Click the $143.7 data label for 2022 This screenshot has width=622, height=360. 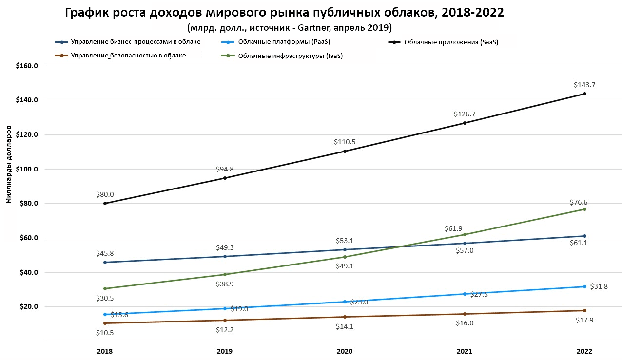pyautogui.click(x=584, y=85)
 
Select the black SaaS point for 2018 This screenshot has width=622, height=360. pyautogui.click(x=105, y=203)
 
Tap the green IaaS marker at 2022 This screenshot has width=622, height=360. pyautogui.click(x=584, y=209)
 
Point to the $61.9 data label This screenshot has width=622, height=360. pyautogui.click(x=453, y=228)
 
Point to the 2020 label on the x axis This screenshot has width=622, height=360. pyautogui.click(x=344, y=351)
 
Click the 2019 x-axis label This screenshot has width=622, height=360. pyautogui.click(x=225, y=351)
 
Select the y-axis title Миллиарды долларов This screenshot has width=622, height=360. pyautogui.click(x=9, y=163)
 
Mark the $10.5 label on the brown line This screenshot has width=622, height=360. pyautogui.click(x=105, y=333)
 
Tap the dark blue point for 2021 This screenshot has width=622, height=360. pyautogui.click(x=465, y=243)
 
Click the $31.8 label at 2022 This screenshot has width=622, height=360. pyautogui.click(x=598, y=286)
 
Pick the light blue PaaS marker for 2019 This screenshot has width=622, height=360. pyautogui.click(x=225, y=308)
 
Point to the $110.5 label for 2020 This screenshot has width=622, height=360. pyautogui.click(x=344, y=142)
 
